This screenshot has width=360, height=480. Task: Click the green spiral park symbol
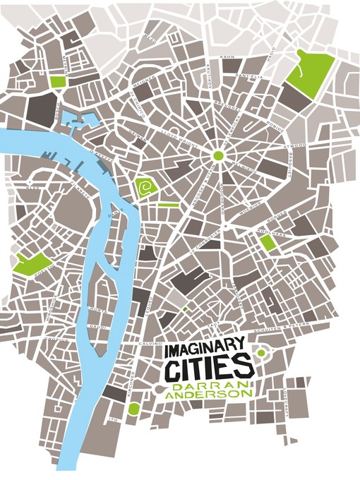coord(146,188)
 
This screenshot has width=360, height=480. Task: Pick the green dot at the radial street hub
coord(218,155)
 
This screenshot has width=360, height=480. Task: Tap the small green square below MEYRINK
coord(57,82)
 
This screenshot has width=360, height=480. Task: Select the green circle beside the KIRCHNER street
coord(133,408)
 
